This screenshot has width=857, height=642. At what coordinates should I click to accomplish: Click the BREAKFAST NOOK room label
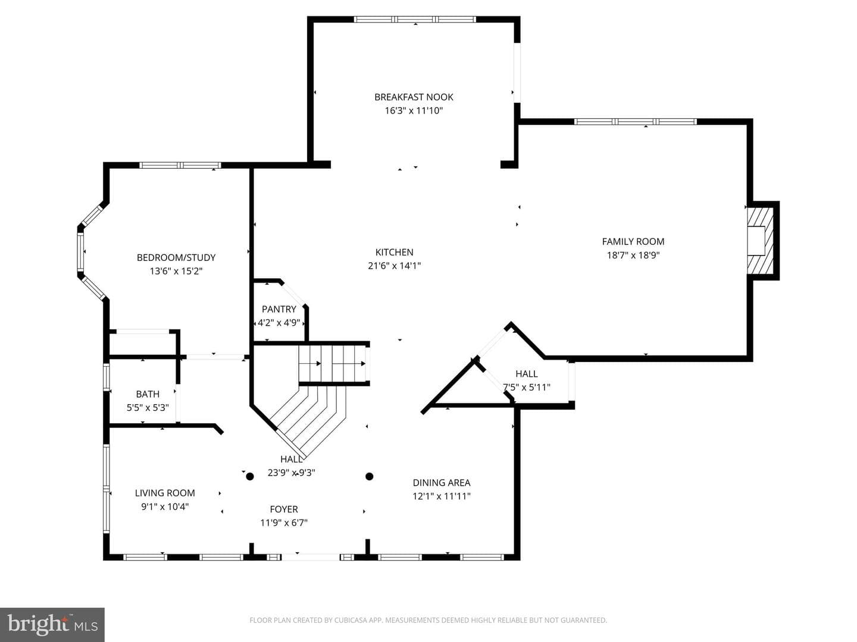pyautogui.click(x=414, y=97)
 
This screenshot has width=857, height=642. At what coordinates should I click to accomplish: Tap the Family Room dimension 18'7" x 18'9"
pyautogui.click(x=633, y=256)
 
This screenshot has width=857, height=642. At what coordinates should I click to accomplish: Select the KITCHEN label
pyautogui.click(x=394, y=252)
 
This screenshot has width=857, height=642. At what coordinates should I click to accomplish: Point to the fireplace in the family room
pyautogui.click(x=760, y=241)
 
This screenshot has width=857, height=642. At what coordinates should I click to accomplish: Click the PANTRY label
pyautogui.click(x=279, y=309)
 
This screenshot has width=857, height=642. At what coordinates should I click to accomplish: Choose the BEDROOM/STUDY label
pyautogui.click(x=176, y=257)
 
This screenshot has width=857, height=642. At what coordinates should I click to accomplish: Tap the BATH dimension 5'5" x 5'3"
pyautogui.click(x=148, y=408)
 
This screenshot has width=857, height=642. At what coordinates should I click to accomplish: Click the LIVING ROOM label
pyautogui.click(x=165, y=493)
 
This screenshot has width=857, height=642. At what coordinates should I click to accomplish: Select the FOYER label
pyautogui.click(x=284, y=509)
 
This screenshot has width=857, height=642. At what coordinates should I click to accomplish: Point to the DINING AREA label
pyautogui.click(x=442, y=483)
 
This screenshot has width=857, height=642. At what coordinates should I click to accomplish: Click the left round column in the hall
pyautogui.click(x=250, y=476)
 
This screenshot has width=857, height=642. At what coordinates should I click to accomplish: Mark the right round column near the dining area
pyautogui.click(x=370, y=476)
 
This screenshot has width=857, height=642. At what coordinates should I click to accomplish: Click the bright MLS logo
pyautogui.click(x=52, y=624)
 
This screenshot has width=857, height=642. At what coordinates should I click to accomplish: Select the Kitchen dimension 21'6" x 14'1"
pyautogui.click(x=395, y=266)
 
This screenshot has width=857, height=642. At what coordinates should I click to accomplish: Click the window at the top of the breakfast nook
pyautogui.click(x=415, y=19)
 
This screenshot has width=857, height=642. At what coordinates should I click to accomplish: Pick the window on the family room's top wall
pyautogui.click(x=635, y=122)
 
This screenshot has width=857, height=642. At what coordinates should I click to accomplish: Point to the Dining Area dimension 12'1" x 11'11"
pyautogui.click(x=442, y=496)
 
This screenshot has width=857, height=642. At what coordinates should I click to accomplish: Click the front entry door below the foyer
pyautogui.click(x=311, y=558)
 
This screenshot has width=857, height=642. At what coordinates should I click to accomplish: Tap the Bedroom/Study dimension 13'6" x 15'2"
pyautogui.click(x=176, y=271)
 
